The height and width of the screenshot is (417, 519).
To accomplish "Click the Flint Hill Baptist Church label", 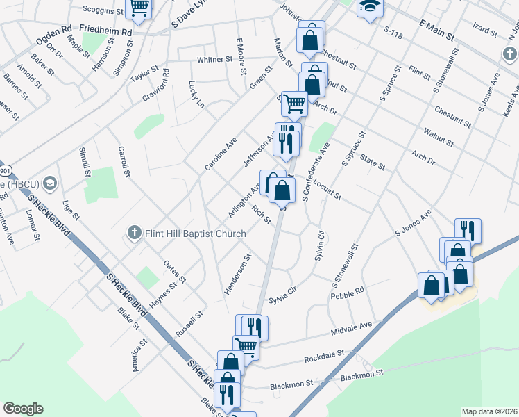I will tap(195, 234).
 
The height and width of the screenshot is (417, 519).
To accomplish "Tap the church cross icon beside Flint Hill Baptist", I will tap(135, 233).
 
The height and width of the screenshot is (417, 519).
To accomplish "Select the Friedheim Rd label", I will tap(105, 31).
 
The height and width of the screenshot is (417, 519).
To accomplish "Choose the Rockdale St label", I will tap(325, 357).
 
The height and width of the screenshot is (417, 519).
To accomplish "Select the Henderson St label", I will tap(237, 274).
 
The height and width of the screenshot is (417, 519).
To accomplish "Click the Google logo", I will tap(23, 409).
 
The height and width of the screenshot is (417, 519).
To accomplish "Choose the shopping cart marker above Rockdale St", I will tap(246, 345).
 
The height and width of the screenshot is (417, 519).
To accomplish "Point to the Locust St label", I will tap(327, 191).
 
